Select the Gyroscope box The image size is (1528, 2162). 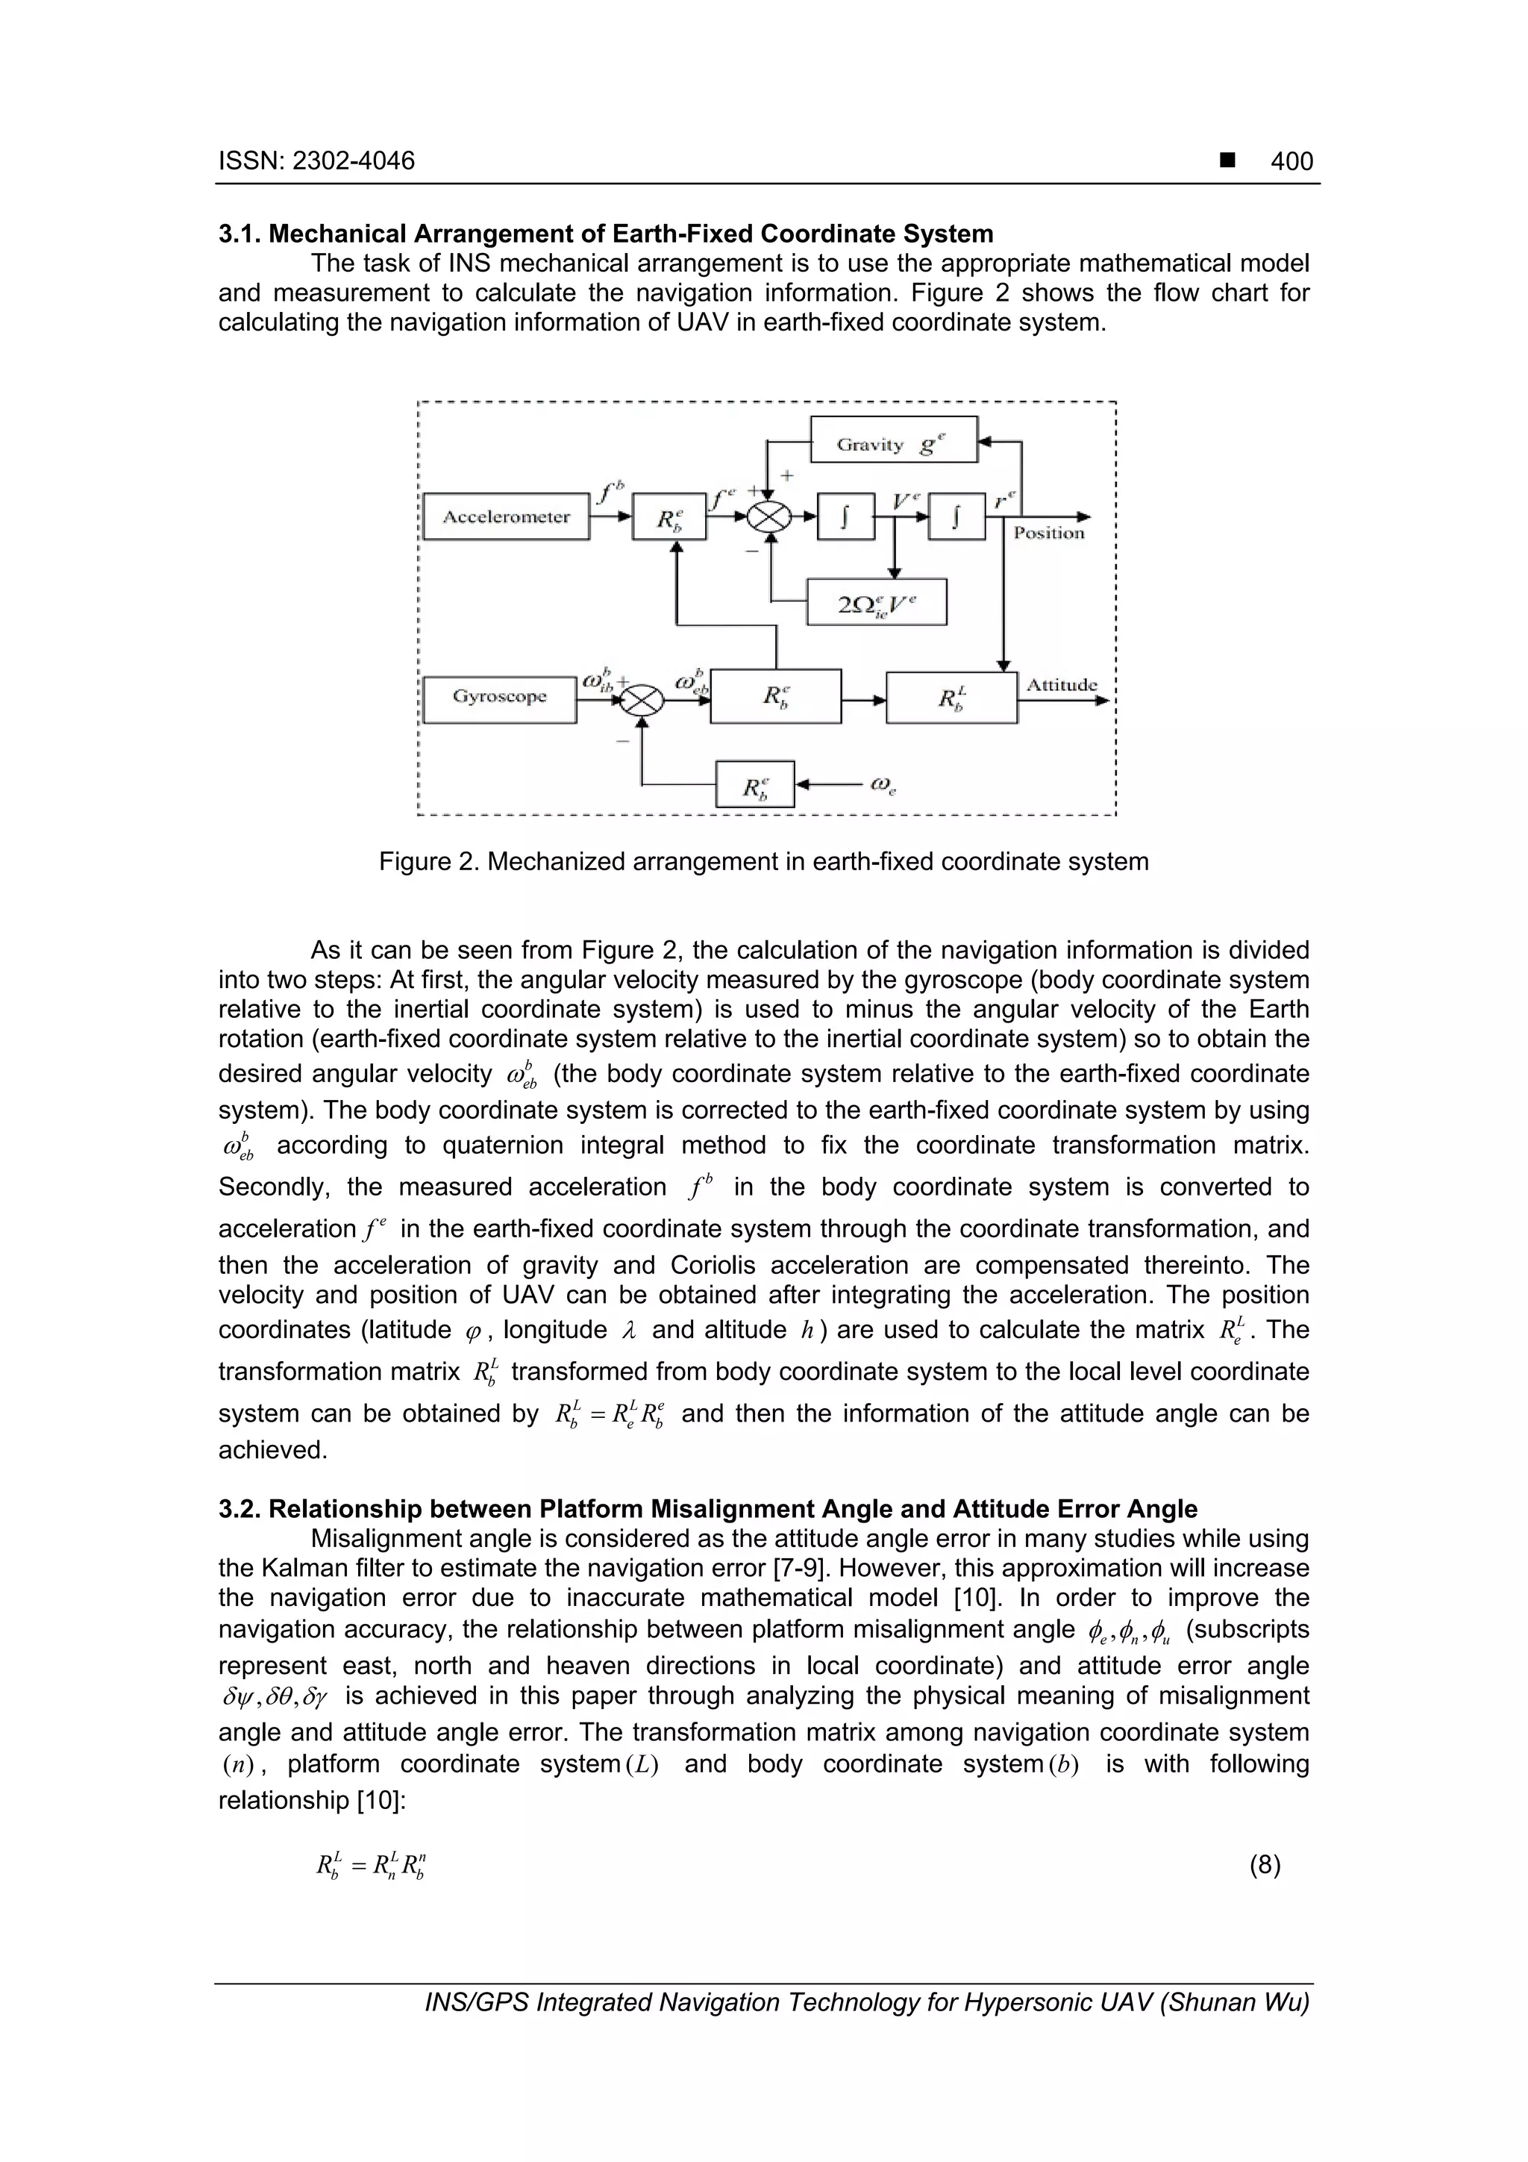coord(499,698)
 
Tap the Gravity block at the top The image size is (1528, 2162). coord(894,440)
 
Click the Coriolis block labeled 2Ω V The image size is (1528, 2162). coord(877,603)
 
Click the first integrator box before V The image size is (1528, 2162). coord(845,517)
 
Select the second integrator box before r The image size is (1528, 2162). coord(956,517)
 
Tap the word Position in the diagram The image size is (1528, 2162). coord(1049,533)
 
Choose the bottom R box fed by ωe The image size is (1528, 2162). coord(755,784)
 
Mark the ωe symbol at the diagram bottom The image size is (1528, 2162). coord(882,784)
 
